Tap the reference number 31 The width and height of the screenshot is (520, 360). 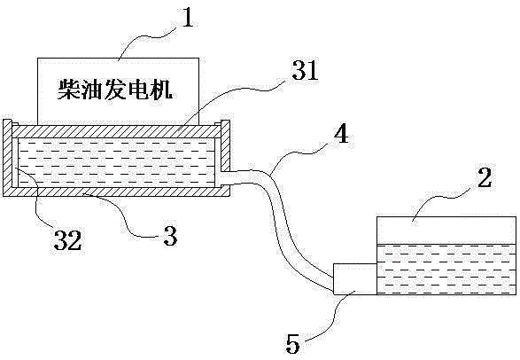point(305,70)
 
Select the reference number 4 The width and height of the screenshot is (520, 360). point(341,134)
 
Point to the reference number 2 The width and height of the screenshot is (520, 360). point(485,177)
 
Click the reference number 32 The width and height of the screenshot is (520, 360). point(67,240)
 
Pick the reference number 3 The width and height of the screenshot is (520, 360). point(170,236)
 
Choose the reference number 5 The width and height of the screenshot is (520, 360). point(292,344)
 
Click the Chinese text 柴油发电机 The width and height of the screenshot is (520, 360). point(115,90)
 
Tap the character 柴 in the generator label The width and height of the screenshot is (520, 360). point(68,90)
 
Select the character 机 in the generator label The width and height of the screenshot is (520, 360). point(161,90)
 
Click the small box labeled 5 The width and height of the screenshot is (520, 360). point(355,279)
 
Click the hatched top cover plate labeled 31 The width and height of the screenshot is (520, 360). point(116,131)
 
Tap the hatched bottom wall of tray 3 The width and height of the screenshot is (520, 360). point(116,192)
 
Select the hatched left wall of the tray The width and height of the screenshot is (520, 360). point(8,158)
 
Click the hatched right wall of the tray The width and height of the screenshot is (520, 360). point(225,146)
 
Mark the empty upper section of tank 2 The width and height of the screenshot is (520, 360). point(446,231)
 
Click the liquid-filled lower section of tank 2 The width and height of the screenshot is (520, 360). point(446,270)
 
